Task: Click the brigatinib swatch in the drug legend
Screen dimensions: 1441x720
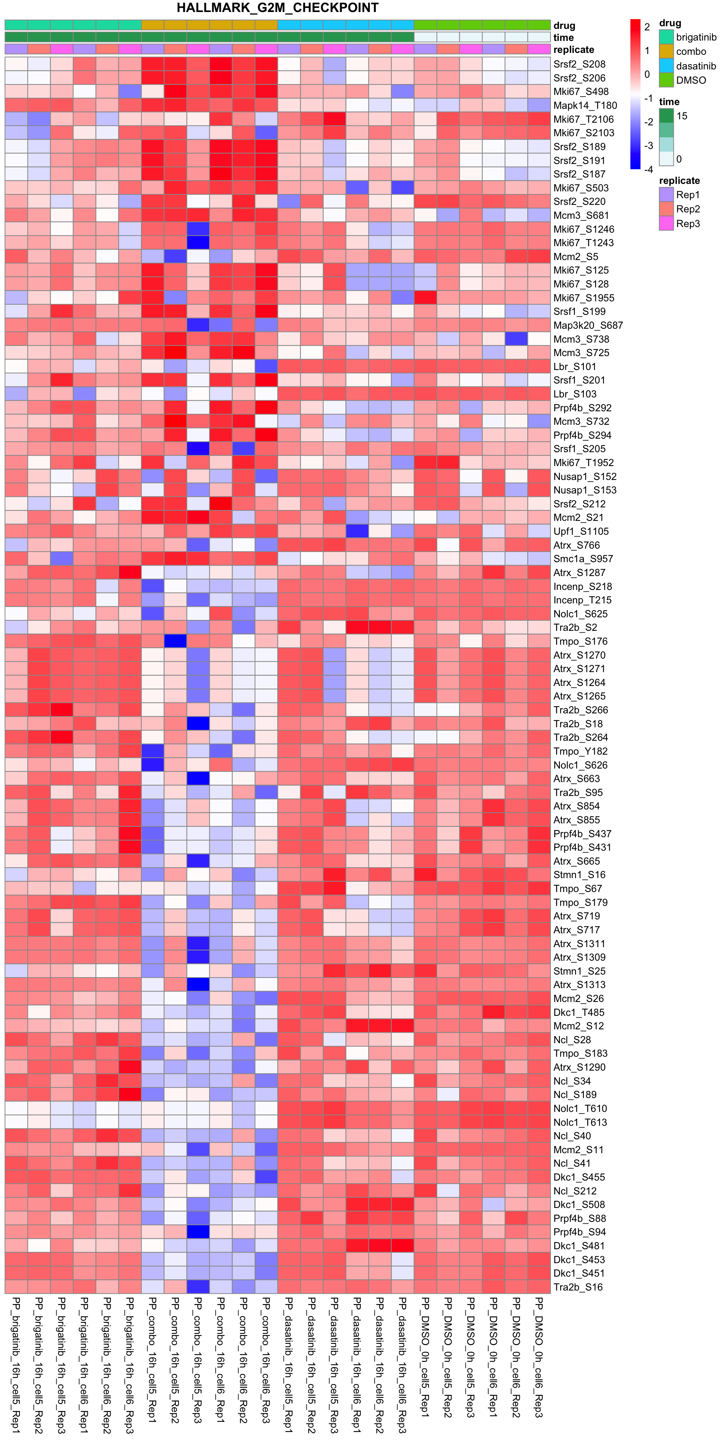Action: tap(666, 37)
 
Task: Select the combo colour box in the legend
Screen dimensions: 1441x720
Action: tap(666, 51)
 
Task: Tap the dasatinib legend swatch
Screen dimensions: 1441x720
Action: tap(666, 66)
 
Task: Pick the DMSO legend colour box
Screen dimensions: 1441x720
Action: tap(666, 80)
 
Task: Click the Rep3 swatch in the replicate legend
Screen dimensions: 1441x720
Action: tap(666, 224)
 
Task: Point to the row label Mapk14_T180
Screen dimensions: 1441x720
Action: tap(585, 105)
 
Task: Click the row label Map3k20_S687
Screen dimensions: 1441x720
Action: tap(588, 325)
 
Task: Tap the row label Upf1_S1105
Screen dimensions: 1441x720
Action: tap(581, 531)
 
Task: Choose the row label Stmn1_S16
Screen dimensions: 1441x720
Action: tap(579, 875)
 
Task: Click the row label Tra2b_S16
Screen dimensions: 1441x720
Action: tap(578, 1287)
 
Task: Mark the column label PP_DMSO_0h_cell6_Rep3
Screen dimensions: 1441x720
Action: tap(539, 1365)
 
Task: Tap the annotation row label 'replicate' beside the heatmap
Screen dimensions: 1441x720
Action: tap(573, 50)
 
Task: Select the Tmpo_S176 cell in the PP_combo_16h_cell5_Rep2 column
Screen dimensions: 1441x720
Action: tap(175, 641)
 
